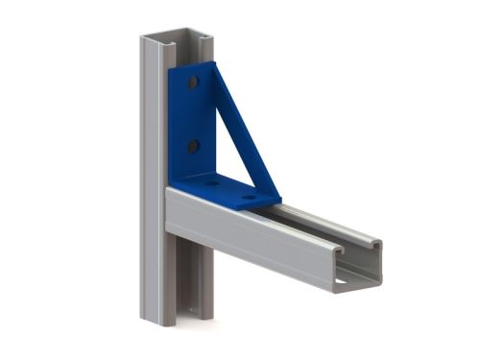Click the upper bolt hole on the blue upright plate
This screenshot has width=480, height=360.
click(193, 84)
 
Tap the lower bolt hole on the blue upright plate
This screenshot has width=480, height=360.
click(193, 146)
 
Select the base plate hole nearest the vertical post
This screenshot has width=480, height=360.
click(210, 181)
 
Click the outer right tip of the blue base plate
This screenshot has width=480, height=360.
click(279, 201)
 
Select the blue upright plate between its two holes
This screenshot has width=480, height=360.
click(192, 115)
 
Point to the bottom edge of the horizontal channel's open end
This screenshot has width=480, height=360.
click(355, 285)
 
